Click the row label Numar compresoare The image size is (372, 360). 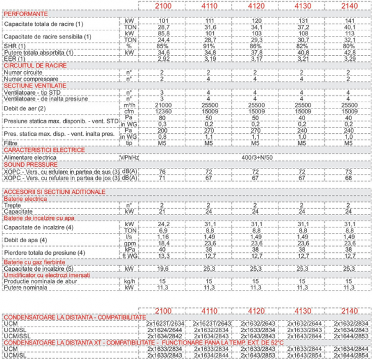[30, 79]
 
